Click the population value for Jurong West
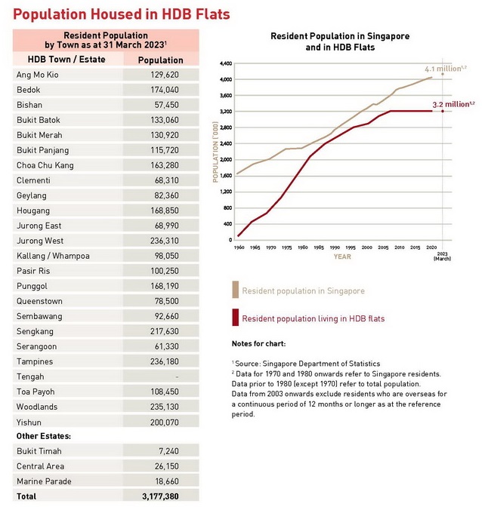click(165, 241)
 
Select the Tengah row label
click(30, 377)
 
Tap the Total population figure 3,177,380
click(161, 496)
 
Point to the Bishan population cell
click(166, 105)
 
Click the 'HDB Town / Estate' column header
click(66, 60)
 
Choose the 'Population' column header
click(161, 60)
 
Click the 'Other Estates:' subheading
click(44, 436)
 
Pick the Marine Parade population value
click(166, 481)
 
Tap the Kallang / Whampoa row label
click(53, 256)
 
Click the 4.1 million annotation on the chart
click(446, 69)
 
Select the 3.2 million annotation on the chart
click(453, 104)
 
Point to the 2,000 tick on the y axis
click(226, 160)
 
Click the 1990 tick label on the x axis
click(335, 247)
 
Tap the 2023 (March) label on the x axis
click(443, 256)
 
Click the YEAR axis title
click(342, 256)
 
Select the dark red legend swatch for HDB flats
click(235, 318)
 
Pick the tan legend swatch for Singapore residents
click(235, 290)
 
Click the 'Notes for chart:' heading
click(258, 344)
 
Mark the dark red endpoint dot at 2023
click(443, 111)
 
